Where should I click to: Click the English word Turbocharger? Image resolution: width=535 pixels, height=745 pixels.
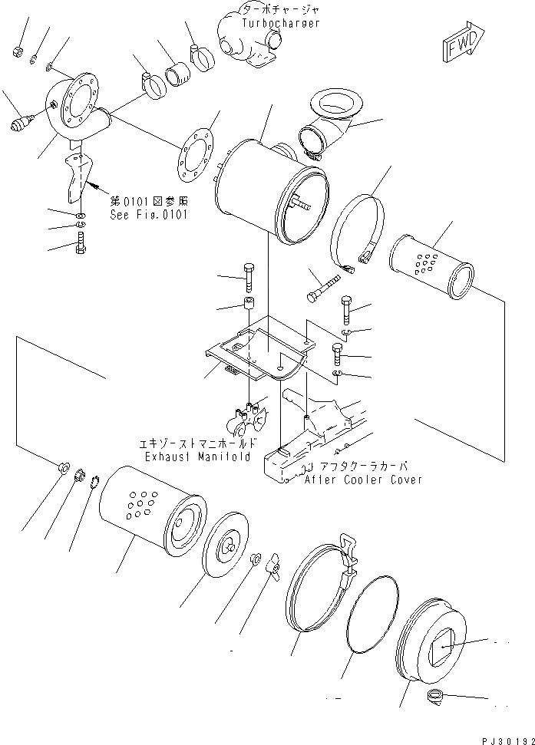click(x=280, y=24)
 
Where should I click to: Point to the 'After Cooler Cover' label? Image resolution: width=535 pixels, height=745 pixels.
click(x=363, y=480)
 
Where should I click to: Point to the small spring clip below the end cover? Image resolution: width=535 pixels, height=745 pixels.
click(x=435, y=696)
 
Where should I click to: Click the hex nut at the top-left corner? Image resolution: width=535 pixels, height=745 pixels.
click(x=17, y=51)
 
